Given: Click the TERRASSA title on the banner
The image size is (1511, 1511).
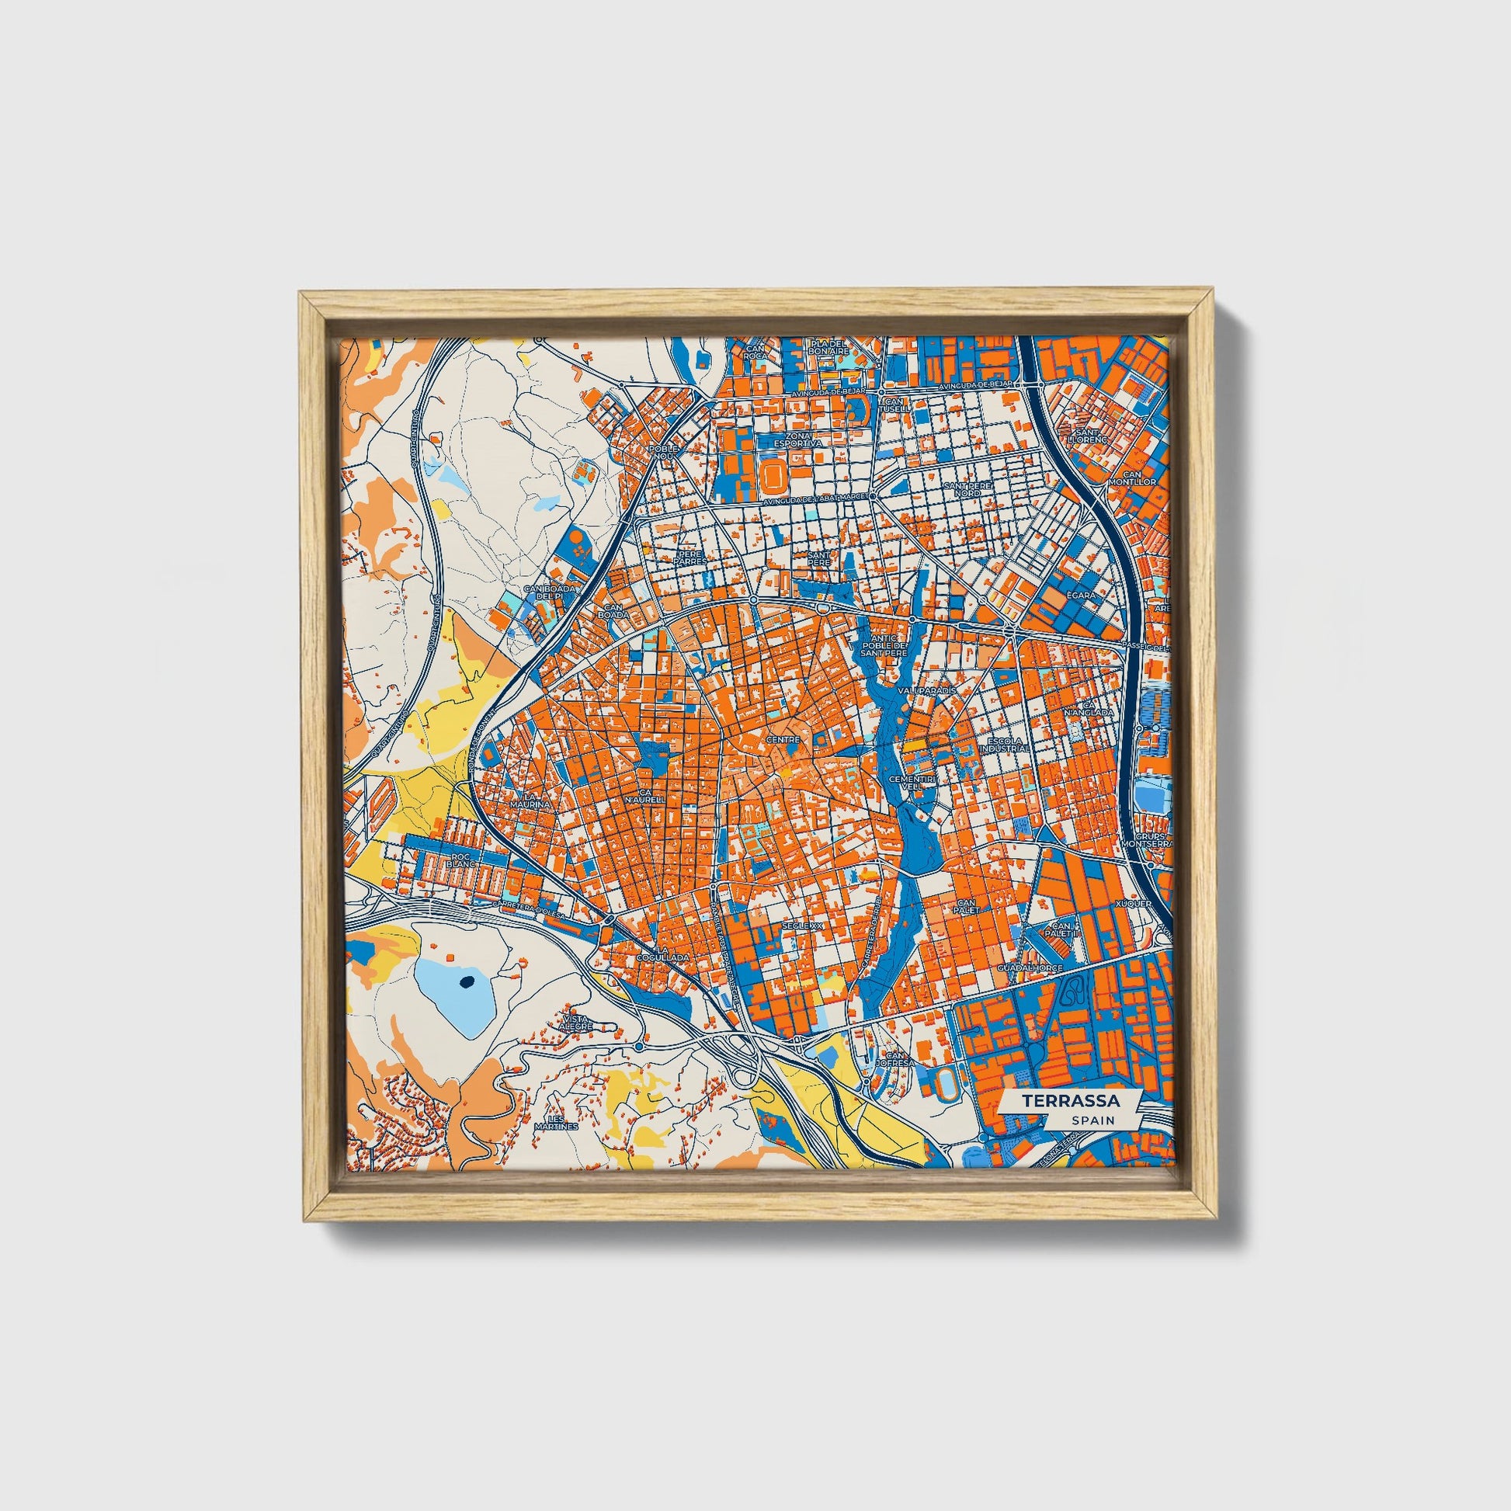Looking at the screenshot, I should pos(1071,1100).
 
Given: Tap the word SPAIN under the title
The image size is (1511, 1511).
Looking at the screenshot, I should pos(1093,1120).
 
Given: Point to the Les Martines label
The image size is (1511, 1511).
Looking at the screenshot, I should pos(557,1122).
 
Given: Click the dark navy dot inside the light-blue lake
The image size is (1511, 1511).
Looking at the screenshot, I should pos(467,983).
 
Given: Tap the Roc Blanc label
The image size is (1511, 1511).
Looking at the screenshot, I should pos(464,861).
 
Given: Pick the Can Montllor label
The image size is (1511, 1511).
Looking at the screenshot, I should pos(1138,478).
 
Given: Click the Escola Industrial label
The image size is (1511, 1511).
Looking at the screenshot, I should pos(1008,744).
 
